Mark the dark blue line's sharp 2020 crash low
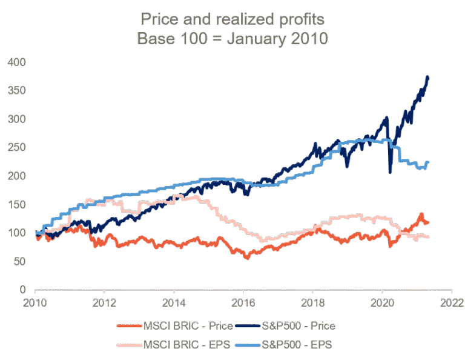pyautogui.click(x=390, y=172)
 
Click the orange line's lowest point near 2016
pyautogui.click(x=246, y=258)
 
